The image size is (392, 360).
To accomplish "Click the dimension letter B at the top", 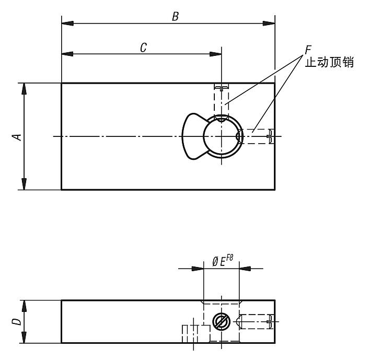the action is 175,17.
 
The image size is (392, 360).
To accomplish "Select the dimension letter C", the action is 143,48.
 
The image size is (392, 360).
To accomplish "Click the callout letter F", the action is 308,50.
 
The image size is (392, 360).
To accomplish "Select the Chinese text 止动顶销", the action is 329,62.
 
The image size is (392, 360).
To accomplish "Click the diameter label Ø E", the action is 219,262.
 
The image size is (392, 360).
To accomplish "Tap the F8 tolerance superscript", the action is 229,258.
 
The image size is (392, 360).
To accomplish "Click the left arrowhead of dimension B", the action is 67,23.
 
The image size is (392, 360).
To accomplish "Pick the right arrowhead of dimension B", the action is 269,23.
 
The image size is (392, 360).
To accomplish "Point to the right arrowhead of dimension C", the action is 215,54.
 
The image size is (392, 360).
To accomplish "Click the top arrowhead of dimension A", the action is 24,89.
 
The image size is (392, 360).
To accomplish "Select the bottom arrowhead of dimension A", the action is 24,184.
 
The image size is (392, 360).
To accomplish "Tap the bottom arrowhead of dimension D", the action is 24,337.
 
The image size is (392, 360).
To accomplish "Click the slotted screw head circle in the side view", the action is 221,322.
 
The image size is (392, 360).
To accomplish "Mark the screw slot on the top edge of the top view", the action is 222,87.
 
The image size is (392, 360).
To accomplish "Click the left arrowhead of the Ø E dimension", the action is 198,269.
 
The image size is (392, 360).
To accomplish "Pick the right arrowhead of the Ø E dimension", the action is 245,269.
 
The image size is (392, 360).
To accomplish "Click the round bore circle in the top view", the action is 204,136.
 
